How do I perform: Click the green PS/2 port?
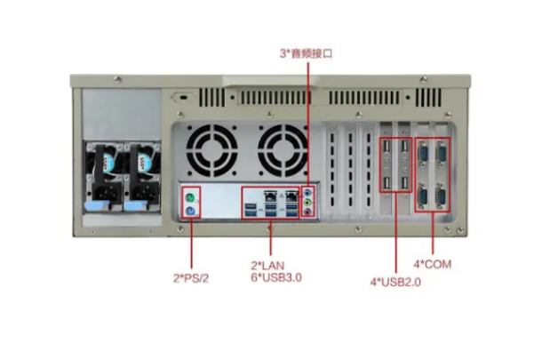189,198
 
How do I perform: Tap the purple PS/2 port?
190,211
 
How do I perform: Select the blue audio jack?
307,192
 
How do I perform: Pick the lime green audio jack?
307,201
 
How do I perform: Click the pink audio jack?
307,211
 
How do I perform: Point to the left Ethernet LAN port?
270,196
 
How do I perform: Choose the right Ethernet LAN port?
292,196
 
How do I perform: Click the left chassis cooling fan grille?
211,150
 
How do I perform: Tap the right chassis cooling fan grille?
283,150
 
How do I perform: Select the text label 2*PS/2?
191,278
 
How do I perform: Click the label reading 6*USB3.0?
276,277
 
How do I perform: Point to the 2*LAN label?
267,266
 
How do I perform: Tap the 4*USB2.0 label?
395,282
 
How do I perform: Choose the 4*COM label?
433,264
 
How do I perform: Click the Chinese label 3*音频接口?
306,53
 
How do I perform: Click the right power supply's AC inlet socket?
145,193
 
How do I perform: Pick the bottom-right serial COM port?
441,196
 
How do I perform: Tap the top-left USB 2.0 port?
387,147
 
